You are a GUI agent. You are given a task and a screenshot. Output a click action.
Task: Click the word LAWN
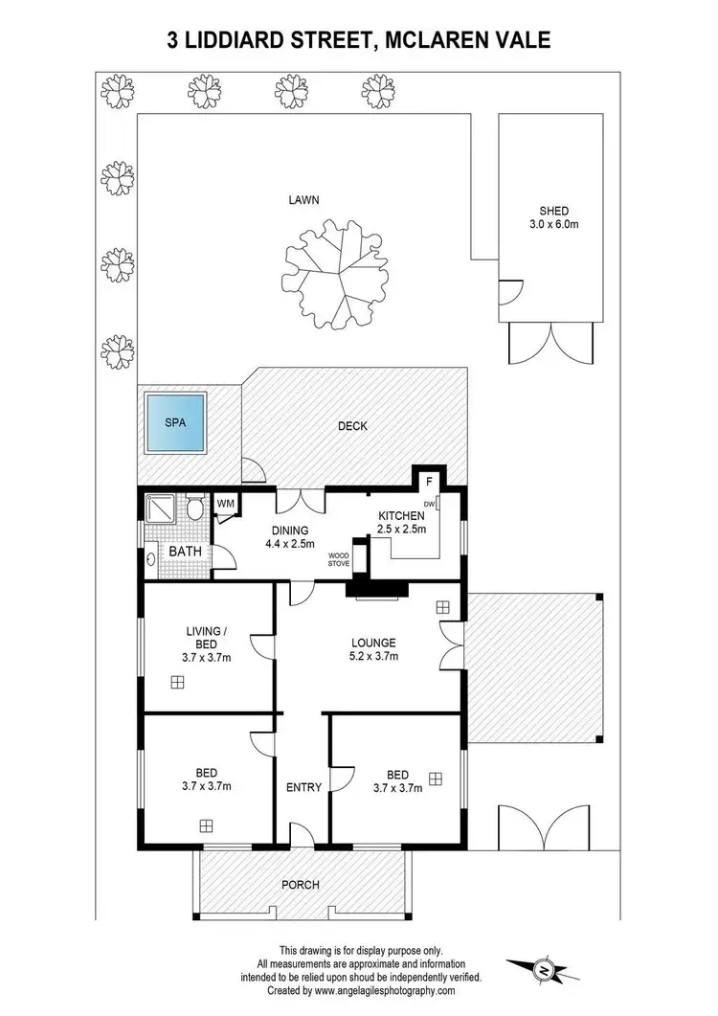pos(305,200)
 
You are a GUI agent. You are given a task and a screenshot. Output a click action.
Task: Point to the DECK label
pos(351,427)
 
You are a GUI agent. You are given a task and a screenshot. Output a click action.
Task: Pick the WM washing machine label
pos(227,503)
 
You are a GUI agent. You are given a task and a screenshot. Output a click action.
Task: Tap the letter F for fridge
pos(429,481)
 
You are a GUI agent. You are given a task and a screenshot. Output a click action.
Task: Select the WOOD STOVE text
pos(339,559)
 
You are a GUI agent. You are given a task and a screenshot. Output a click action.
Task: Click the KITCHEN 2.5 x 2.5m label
pos(400,522)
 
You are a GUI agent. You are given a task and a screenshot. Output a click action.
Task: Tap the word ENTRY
pos(303,787)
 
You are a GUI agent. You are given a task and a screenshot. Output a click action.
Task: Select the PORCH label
pos(302,885)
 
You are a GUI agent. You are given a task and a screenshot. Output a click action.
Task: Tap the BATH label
pos(185,553)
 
